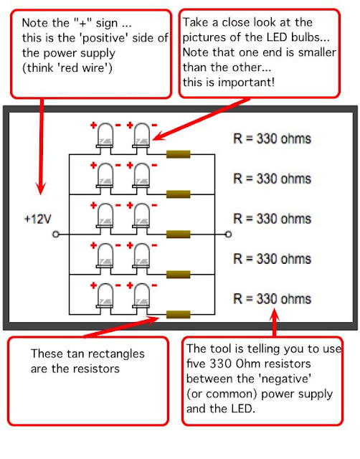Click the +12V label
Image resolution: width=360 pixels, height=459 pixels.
tap(38, 219)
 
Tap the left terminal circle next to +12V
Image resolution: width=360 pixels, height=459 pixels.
tap(56, 235)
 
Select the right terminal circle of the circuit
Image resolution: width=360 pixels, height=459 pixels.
tap(228, 235)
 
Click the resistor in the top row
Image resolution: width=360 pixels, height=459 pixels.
tap(179, 154)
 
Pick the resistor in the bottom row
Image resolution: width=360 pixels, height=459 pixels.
tap(179, 314)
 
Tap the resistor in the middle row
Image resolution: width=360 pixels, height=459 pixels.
tap(179, 235)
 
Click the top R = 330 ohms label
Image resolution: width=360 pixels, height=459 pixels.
tap(273, 138)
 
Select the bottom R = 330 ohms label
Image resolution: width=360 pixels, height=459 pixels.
tap(273, 299)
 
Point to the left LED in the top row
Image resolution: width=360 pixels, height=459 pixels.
tap(105, 136)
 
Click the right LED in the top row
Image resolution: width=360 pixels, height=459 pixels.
tap(141, 136)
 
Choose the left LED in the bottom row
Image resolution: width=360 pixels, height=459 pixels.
tap(105, 295)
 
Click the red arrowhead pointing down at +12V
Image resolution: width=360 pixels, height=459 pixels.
tap(41, 187)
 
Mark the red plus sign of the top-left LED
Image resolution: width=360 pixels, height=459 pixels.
tap(93, 126)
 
